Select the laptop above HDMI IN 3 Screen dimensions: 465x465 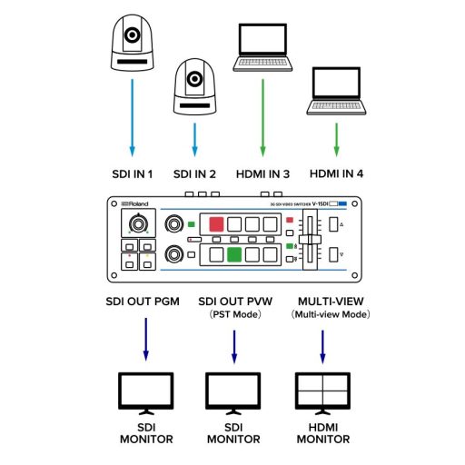click(262, 49)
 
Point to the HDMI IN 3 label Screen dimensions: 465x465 click(262, 173)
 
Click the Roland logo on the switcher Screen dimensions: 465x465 click(135, 204)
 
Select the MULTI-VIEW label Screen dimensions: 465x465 click(324, 301)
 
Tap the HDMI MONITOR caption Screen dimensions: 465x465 click(323, 434)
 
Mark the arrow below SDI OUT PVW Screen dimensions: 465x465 click(234, 345)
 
